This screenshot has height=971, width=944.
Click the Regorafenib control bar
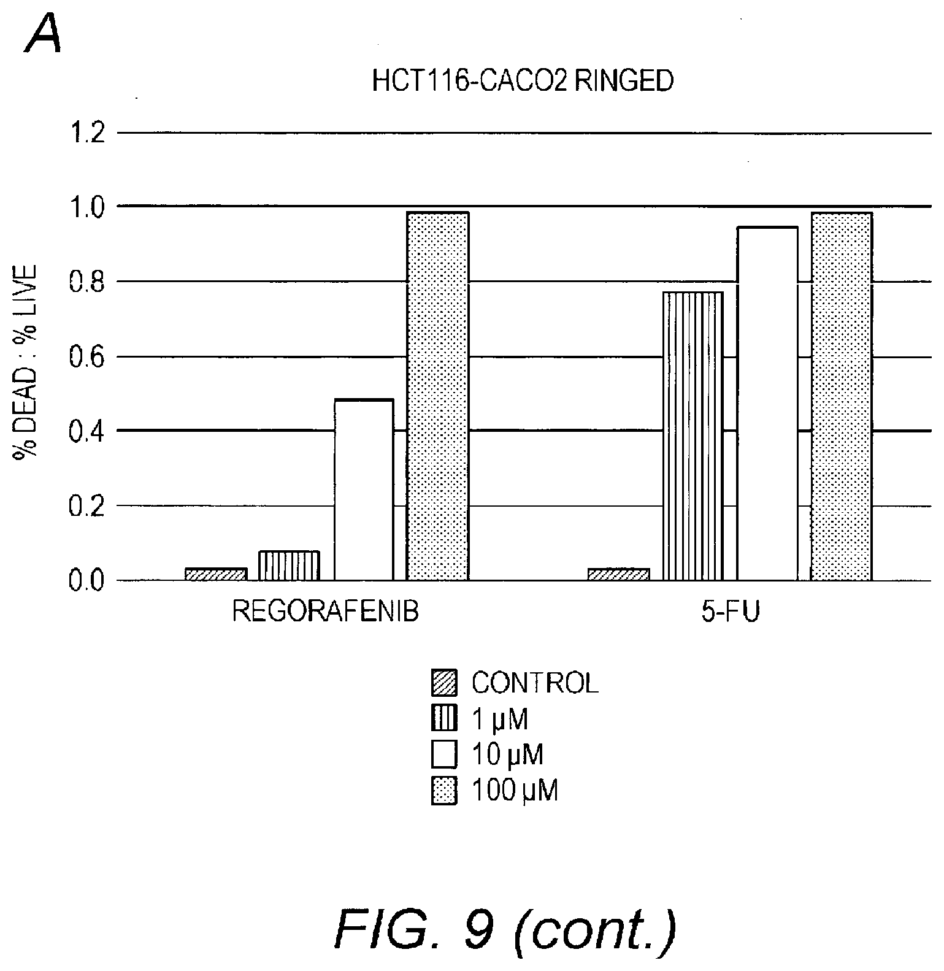coord(216,574)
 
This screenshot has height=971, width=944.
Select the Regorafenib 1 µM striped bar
coord(289,566)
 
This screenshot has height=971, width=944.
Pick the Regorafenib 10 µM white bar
coord(364,489)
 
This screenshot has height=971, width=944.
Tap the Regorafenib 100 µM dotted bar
coord(438,396)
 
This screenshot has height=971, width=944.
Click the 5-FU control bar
coord(618,574)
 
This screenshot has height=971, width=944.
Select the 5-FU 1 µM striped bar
coord(693,436)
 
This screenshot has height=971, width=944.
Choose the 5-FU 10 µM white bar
coord(767,403)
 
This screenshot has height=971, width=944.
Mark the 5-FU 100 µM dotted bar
coord(841,396)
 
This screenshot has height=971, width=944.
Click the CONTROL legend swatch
coord(444,683)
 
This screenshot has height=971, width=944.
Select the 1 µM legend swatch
coord(444,719)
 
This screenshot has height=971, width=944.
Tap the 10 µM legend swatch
coord(444,754)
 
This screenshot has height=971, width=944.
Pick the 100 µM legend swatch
coord(444,791)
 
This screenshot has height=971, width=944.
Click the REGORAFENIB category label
coord(325,613)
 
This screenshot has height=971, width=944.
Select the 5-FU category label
coord(731,613)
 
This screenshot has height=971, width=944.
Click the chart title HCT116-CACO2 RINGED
coord(523,82)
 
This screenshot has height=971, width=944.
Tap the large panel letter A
coord(43,35)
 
